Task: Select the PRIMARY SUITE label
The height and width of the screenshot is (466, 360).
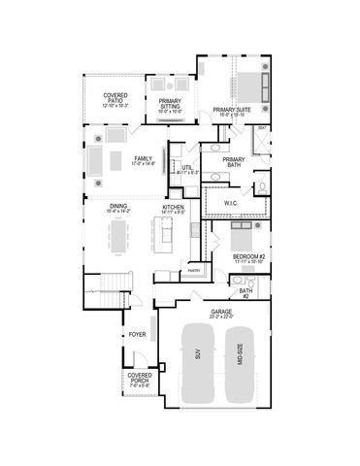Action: (x=238, y=112)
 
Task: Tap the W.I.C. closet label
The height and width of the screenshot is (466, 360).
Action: (x=231, y=203)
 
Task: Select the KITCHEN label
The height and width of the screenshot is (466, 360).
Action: (x=174, y=208)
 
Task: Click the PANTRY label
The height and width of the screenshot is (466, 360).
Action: (x=194, y=271)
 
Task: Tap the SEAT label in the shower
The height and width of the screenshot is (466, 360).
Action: (x=263, y=127)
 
